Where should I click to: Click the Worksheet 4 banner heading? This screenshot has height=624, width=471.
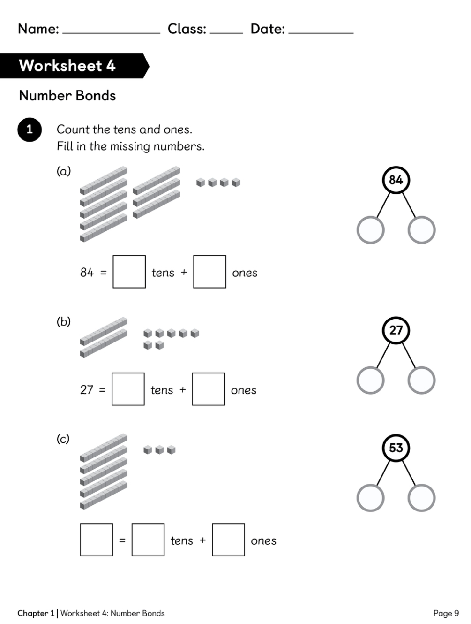click(x=67, y=66)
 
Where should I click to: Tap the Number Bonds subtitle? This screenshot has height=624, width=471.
click(x=67, y=96)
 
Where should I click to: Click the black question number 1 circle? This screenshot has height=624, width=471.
click(x=30, y=129)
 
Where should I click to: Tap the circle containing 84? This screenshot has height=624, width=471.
click(x=396, y=180)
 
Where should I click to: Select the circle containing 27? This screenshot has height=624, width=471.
click(x=396, y=330)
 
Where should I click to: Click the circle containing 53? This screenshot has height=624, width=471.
click(x=396, y=448)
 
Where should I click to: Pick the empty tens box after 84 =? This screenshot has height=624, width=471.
click(x=129, y=272)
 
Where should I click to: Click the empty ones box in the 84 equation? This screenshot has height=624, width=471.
click(x=209, y=272)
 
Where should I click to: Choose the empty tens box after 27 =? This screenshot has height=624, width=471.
click(x=128, y=389)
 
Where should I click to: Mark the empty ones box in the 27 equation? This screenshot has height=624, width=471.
click(x=209, y=389)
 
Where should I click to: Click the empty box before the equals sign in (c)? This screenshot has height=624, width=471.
click(x=97, y=540)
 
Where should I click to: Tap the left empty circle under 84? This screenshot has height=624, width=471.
click(x=371, y=230)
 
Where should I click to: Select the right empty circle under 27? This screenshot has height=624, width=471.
click(x=421, y=380)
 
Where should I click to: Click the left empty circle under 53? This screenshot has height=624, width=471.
click(x=371, y=497)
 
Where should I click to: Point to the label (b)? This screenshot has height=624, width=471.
click(x=63, y=322)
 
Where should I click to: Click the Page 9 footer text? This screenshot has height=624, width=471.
click(x=446, y=613)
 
